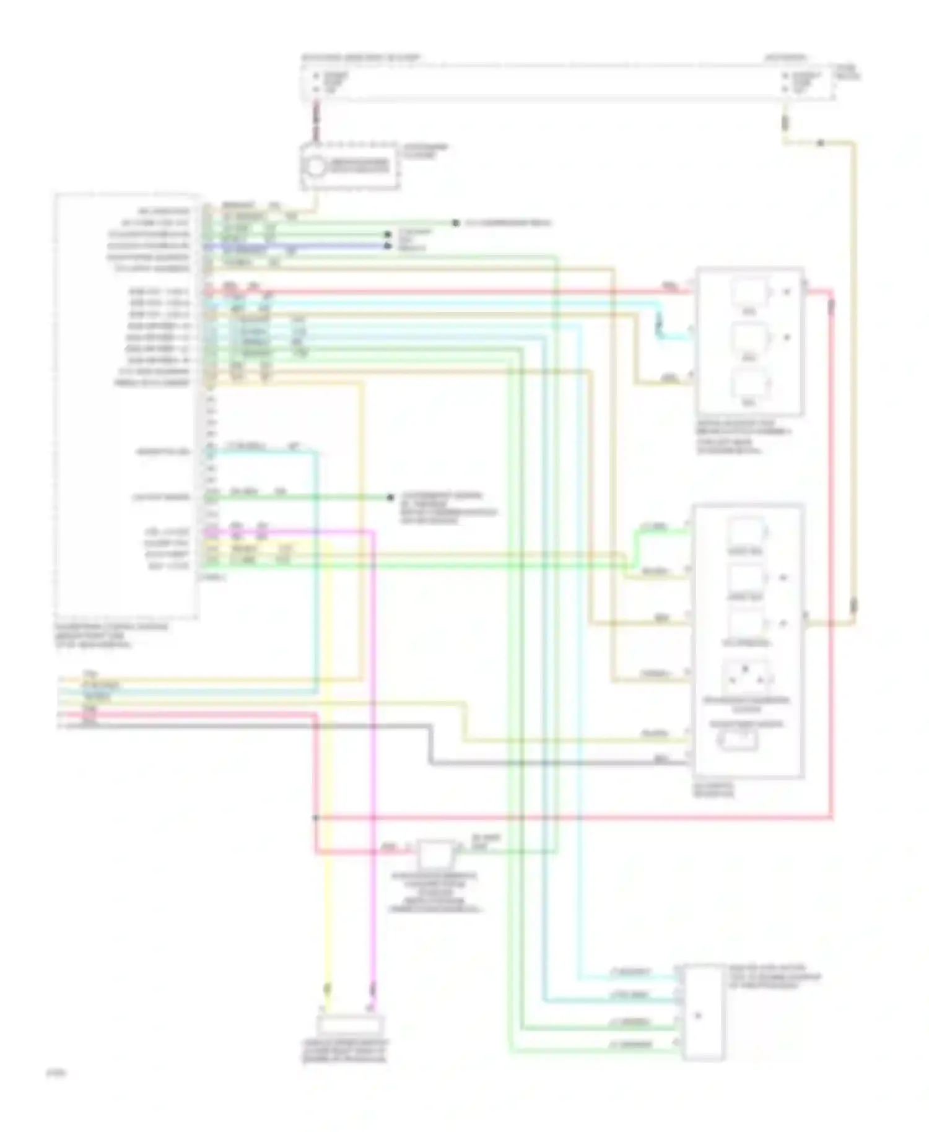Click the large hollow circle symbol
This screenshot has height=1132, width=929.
tap(315, 166)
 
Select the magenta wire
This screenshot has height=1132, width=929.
tap(372, 743)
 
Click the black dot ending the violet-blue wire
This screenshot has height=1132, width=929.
tap(388, 246)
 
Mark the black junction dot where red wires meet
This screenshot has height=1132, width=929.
tap(315, 818)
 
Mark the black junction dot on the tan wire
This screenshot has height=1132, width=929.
tap(819, 143)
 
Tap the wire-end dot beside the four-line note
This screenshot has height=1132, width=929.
tap(390, 497)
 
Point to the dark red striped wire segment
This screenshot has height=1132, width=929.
tap(316, 121)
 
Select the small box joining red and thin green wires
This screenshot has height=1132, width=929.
tap(437, 853)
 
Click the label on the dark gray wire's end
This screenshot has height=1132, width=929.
tap(661, 759)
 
